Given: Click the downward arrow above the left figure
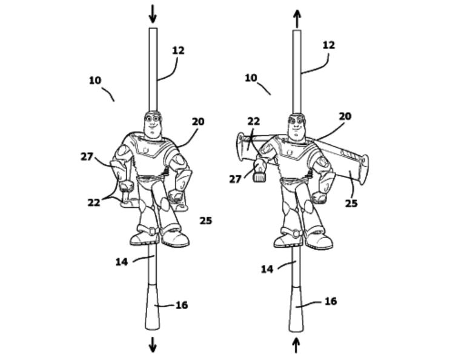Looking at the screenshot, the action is point(153,14).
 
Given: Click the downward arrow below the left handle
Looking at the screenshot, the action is point(153,345).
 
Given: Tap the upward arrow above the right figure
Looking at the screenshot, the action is point(297,18).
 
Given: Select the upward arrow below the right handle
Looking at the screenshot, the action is point(296,345).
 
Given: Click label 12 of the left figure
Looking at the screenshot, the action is point(178,50).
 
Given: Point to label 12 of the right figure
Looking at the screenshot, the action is point(328,45).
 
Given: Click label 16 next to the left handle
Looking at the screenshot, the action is point(182,305).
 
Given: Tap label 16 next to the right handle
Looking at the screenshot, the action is point(331,301).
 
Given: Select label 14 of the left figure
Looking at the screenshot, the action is point(122,262).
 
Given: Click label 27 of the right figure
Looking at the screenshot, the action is point(235,179).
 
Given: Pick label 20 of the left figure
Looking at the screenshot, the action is point(198,122).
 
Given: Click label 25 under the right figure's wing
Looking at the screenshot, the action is point(351,203).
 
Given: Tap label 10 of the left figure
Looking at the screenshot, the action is point(95,81).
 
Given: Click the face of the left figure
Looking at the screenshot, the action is point(153,124).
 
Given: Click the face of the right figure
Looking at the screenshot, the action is point(296,125).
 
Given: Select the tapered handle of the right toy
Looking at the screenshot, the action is point(296,308).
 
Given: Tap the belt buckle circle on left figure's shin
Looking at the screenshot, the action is point(152,232).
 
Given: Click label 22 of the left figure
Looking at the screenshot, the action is point(94,202).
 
